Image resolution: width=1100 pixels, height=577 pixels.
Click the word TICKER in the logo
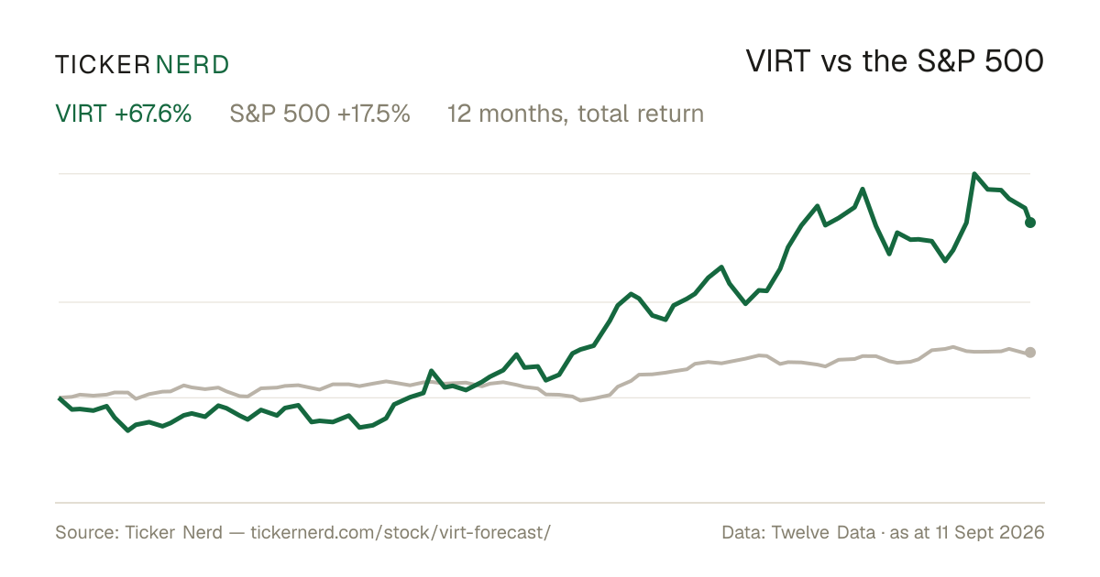point(103,65)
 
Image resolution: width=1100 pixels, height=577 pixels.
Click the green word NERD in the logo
point(192,65)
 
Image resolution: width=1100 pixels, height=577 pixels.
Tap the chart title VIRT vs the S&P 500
point(895,61)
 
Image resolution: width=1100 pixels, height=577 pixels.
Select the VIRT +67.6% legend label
point(123,114)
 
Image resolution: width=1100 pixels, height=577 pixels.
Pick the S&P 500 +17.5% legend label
point(320,114)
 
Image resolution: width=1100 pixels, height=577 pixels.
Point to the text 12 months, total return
point(576,114)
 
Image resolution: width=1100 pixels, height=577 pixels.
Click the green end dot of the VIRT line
point(1030,223)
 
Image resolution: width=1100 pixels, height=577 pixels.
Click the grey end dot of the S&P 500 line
point(1030,353)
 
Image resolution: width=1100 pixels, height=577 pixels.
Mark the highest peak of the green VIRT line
point(974,174)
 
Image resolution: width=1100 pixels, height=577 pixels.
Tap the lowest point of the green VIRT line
point(128,430)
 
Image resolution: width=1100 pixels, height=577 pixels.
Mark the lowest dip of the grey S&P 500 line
point(581,400)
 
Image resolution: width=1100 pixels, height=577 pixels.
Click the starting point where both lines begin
point(60,397)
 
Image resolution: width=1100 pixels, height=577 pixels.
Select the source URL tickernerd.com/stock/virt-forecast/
point(401,532)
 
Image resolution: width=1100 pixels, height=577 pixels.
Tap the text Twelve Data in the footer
point(823,532)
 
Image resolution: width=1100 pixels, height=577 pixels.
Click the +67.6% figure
point(153,114)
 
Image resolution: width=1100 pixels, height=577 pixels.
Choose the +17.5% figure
point(374,114)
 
